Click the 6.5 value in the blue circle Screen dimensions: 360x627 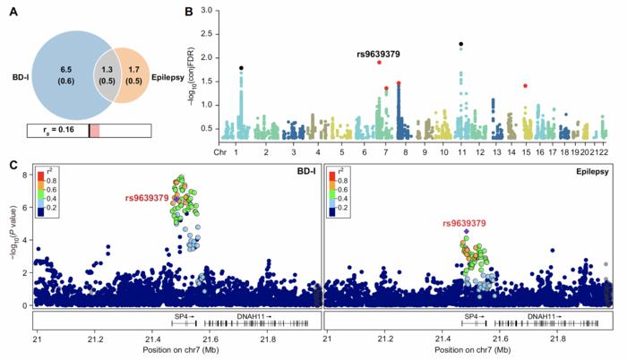click(x=65, y=69)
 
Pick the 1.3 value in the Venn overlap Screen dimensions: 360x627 click(x=109, y=69)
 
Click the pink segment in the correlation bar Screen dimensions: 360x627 click(x=94, y=131)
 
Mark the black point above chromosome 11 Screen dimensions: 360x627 click(x=460, y=44)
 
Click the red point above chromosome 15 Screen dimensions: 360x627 click(x=525, y=86)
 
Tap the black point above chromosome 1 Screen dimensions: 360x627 click(x=241, y=68)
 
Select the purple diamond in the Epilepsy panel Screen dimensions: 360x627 click(x=467, y=231)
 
